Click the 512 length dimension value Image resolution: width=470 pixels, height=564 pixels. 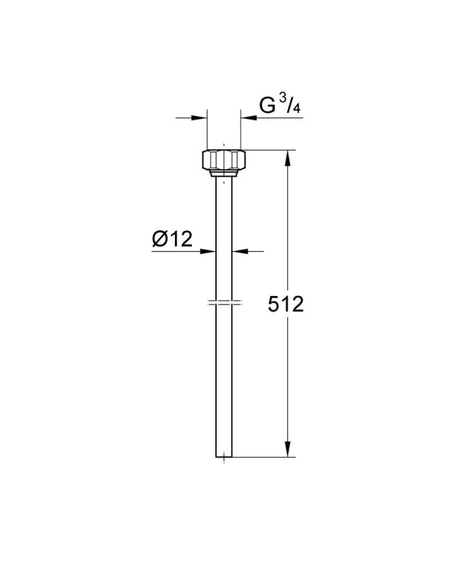click(x=286, y=305)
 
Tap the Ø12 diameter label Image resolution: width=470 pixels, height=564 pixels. click(x=172, y=238)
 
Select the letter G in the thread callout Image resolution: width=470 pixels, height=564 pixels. click(x=267, y=105)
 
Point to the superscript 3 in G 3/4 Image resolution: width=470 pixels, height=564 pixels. click(x=283, y=99)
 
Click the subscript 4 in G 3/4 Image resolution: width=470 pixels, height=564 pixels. click(x=296, y=108)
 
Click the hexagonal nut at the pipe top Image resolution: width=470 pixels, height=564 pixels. click(x=224, y=160)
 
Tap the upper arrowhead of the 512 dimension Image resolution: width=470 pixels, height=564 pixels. click(x=287, y=157)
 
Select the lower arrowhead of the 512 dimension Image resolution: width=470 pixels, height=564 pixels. click(x=287, y=449)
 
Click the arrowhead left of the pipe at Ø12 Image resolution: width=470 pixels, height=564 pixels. click(x=207, y=252)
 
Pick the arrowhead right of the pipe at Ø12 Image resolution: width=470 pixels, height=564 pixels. click(x=240, y=252)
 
